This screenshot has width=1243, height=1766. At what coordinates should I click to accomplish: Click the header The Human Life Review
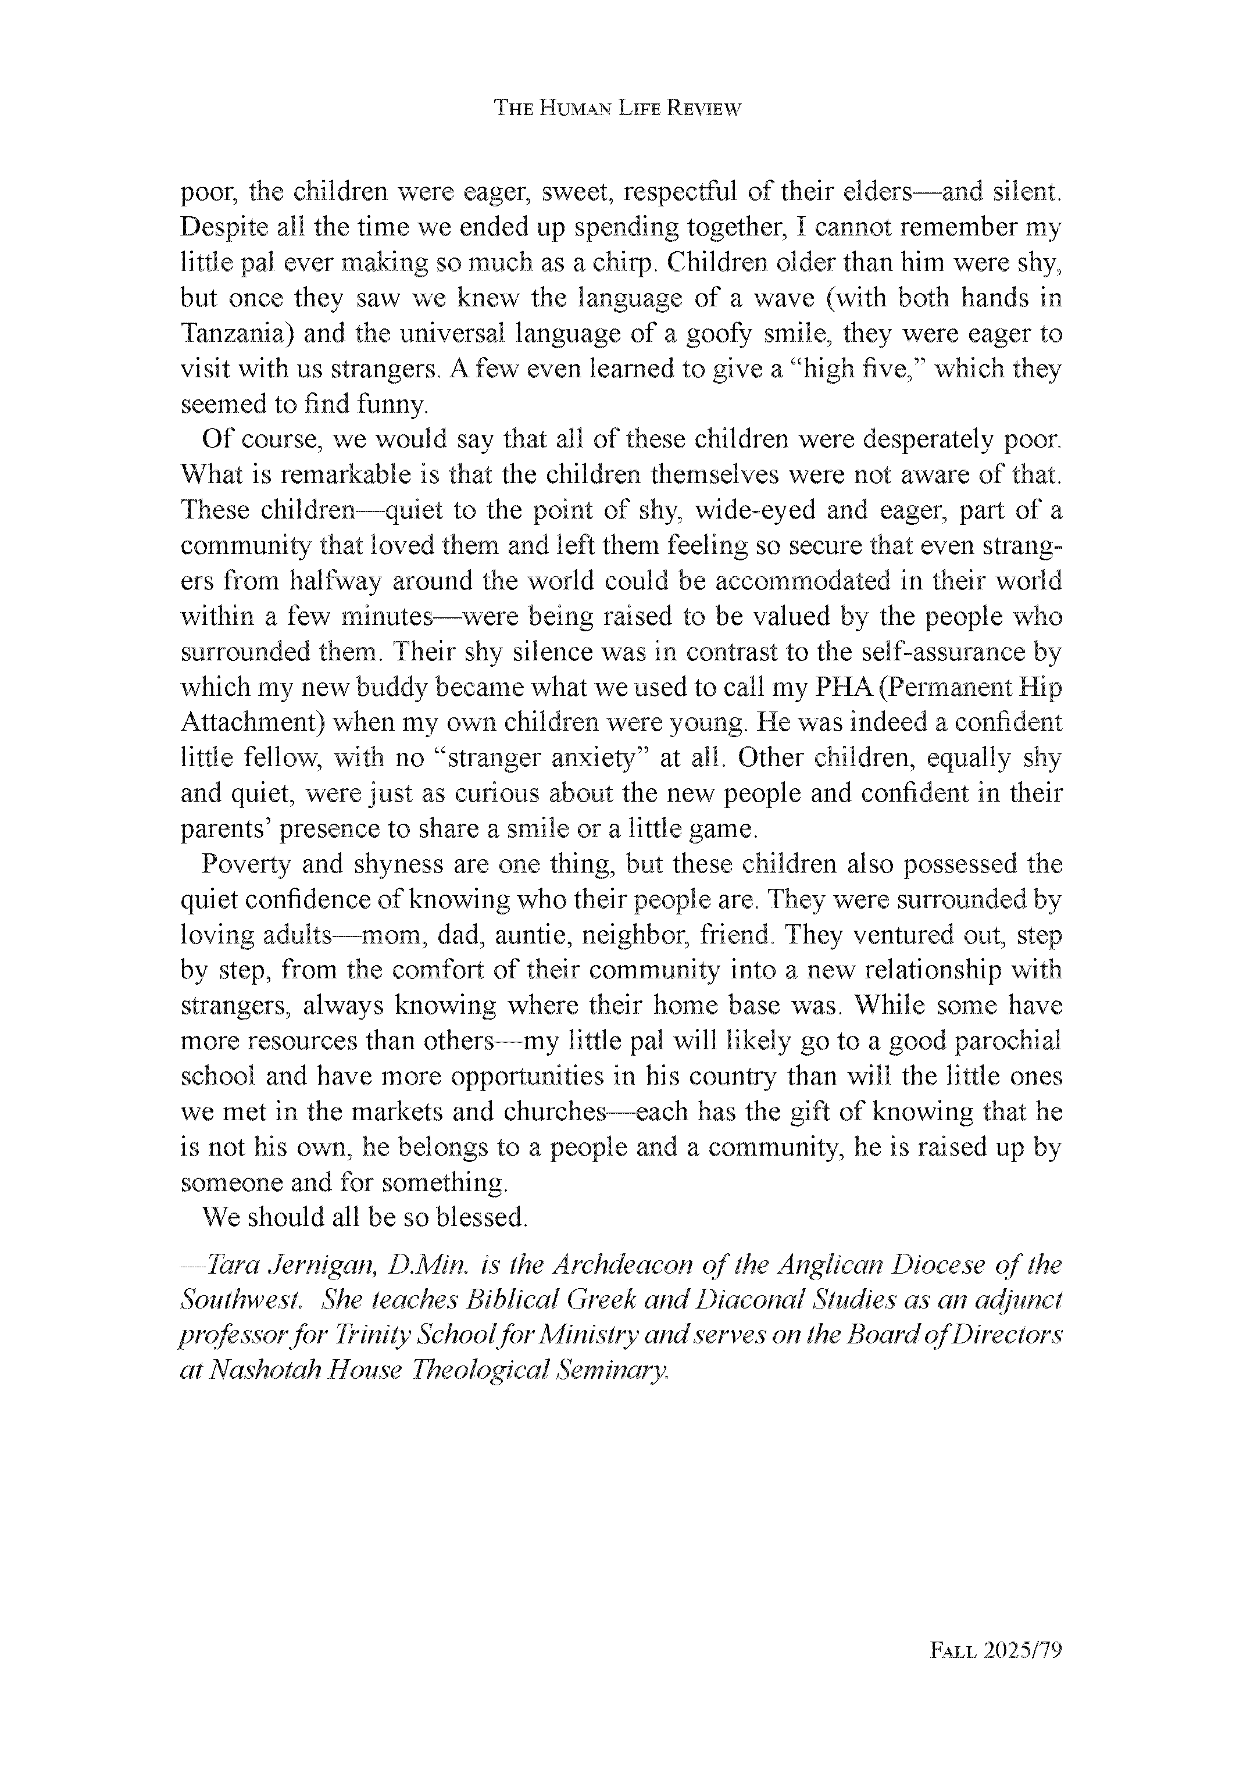point(617,109)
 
